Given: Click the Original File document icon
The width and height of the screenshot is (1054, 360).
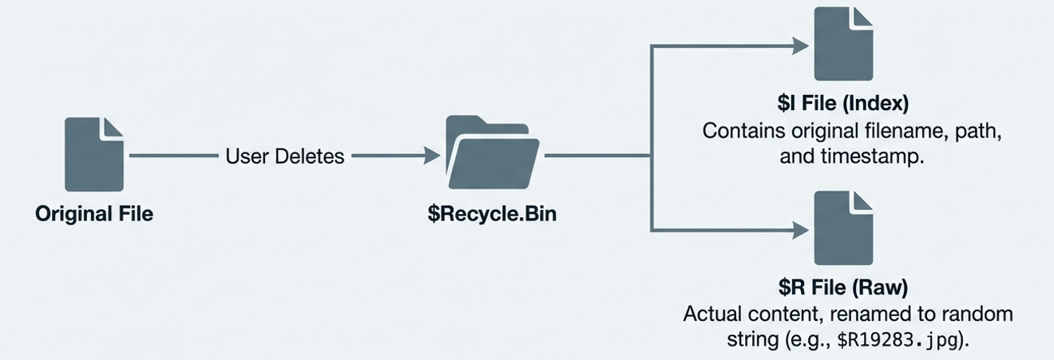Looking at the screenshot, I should pyautogui.click(x=94, y=154).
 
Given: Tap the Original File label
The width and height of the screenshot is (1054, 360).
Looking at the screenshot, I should pyautogui.click(x=94, y=214).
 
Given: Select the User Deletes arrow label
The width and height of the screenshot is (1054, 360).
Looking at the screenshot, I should pyautogui.click(x=285, y=156).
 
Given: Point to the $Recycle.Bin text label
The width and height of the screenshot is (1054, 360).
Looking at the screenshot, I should pyautogui.click(x=492, y=214).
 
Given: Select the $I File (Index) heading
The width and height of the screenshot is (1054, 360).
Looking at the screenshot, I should pyautogui.click(x=843, y=105).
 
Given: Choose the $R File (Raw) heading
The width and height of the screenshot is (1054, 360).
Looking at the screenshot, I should pyautogui.click(x=843, y=287).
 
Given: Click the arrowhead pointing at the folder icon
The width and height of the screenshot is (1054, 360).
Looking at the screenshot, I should pyautogui.click(x=432, y=156).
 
